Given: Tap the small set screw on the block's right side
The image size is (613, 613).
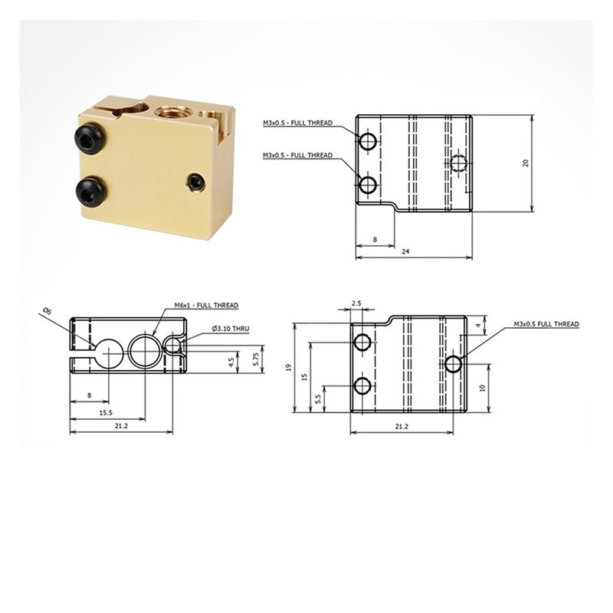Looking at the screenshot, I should (x=197, y=182).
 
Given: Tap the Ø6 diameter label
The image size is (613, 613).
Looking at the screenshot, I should (x=48, y=311).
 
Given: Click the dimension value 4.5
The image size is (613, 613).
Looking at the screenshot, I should (x=231, y=362).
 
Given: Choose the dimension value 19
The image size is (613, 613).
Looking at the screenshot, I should (x=289, y=368).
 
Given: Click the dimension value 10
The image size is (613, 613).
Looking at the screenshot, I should (x=482, y=388).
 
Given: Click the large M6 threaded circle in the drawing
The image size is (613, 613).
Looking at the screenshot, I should (x=146, y=349).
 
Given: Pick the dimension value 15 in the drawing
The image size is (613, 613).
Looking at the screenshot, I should (x=304, y=378).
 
